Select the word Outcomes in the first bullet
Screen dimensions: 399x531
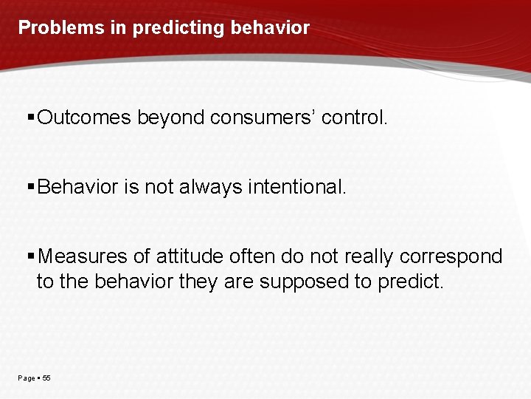[84, 117]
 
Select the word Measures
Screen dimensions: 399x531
[83, 256]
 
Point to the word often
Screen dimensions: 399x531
[253, 256]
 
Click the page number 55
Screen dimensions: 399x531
[46, 378]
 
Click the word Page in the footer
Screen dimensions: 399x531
[27, 378]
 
